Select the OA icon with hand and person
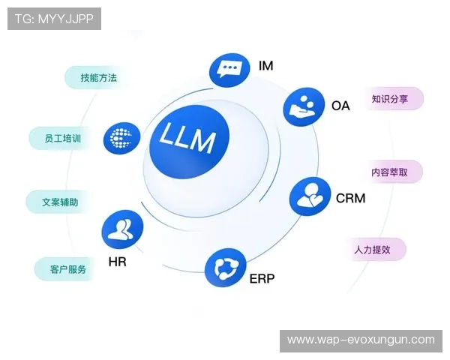302,107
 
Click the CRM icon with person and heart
309,196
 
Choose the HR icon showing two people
122,229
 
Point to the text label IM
265,65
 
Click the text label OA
340,106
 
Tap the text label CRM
350,199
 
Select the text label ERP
262,279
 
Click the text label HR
117,262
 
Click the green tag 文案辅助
55,202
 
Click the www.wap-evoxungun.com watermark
361,340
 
